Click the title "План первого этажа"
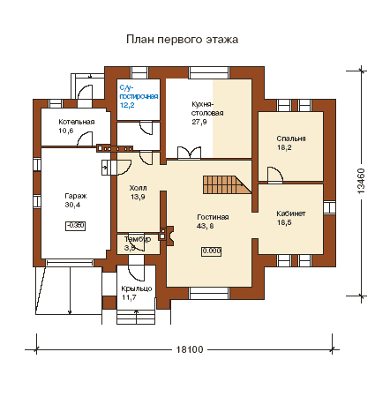tap(182, 40)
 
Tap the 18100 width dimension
tap(190, 349)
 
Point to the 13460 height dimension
tap(361, 181)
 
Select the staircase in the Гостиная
tap(227, 184)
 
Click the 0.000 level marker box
tap(212, 251)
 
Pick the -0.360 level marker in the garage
tap(76, 226)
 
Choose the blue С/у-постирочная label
tap(139, 96)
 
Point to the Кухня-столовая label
tap(207, 113)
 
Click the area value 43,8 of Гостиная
tap(205, 226)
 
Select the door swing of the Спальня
tap(275, 174)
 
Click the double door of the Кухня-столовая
tap(190, 153)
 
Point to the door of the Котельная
tap(85, 139)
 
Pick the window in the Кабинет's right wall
tap(329, 207)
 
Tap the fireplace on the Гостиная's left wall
tap(167, 236)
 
